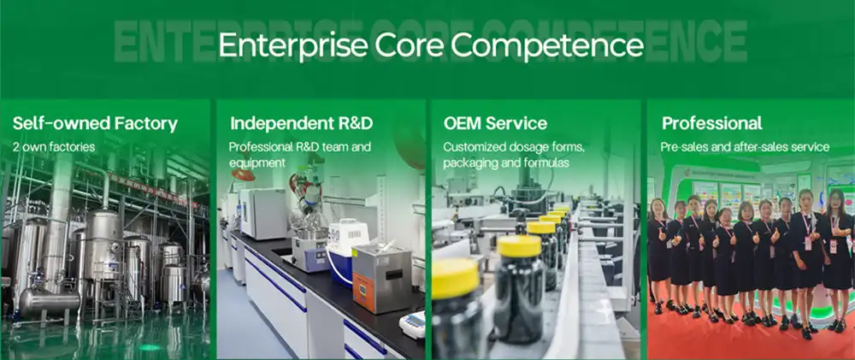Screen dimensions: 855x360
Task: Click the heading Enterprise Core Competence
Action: pos(431,45)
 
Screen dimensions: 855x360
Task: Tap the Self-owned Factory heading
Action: pos(95,124)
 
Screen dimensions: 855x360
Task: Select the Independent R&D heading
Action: pos(302,123)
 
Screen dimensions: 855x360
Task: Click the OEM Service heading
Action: pos(495,123)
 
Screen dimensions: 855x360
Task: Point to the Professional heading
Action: pos(712,123)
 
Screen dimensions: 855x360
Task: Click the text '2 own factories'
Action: pos(53,147)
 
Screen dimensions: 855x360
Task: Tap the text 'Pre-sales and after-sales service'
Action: pos(745,147)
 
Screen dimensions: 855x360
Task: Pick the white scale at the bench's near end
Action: pos(412,325)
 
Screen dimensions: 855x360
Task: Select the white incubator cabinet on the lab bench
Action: pos(263,213)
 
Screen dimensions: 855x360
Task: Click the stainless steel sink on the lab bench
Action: pos(310,252)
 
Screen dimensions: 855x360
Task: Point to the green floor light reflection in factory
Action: pos(150,347)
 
